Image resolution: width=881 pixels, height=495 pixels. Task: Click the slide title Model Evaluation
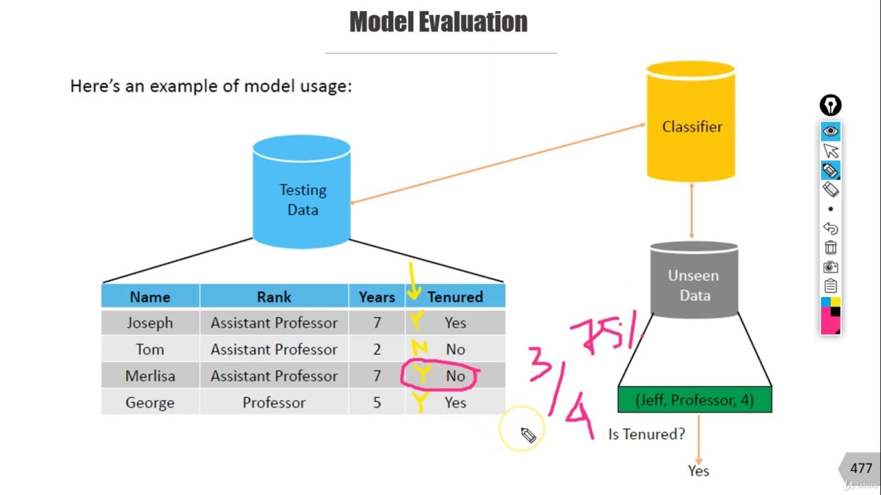tap(438, 22)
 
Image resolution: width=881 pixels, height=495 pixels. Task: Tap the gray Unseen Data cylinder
tap(694, 283)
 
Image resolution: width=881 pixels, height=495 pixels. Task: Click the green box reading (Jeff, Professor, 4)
tap(694, 400)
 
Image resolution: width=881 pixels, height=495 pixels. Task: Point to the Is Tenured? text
tap(646, 434)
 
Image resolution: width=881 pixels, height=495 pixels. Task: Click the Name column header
tap(150, 297)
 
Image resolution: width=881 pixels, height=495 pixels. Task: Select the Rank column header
tap(274, 297)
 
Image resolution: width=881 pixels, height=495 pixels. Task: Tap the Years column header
tap(376, 297)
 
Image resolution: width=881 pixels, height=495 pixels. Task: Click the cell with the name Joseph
tap(150, 323)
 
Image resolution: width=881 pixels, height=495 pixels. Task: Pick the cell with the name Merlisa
tap(150, 376)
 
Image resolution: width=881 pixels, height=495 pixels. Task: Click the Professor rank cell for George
tap(274, 403)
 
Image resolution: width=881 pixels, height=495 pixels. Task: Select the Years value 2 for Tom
tap(376, 349)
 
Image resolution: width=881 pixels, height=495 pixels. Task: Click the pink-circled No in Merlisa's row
tap(455, 376)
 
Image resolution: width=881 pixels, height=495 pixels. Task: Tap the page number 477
tap(861, 468)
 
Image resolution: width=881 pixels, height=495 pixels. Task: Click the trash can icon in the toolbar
tap(831, 247)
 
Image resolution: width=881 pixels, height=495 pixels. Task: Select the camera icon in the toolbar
tap(831, 267)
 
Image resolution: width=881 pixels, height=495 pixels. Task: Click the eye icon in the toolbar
tap(831, 131)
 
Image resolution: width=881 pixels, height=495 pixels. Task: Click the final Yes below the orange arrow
tap(698, 471)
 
